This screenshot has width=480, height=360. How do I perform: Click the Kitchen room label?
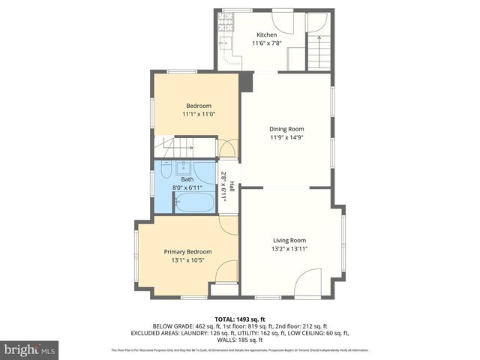click(x=266, y=34)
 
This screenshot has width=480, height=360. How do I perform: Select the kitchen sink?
click(x=224, y=43)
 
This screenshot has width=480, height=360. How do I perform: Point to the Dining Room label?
click(x=286, y=128)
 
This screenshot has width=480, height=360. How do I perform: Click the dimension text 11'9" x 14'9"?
click(x=286, y=137)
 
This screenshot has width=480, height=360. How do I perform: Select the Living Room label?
click(x=289, y=240)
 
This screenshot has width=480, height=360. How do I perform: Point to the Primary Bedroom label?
click(x=187, y=251)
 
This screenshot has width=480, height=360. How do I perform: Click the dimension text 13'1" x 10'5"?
click(x=187, y=260)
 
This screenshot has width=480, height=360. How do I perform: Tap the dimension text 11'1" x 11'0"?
click(x=199, y=114)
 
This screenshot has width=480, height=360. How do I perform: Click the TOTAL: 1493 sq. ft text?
click(x=240, y=319)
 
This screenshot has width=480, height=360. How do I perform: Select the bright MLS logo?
click(x=30, y=349)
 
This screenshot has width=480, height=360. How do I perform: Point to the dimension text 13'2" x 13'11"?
click(x=289, y=249)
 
